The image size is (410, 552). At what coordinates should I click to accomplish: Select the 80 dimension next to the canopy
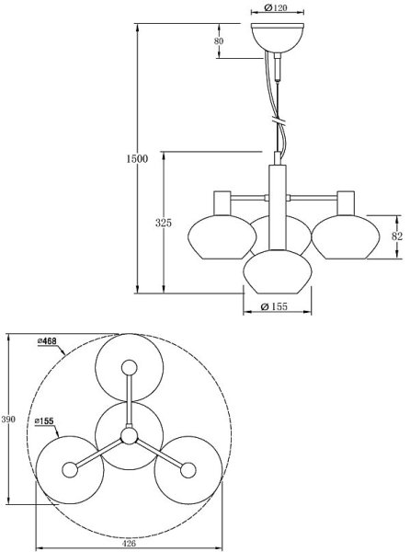(218, 41)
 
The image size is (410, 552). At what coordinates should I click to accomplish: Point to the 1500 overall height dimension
(136, 158)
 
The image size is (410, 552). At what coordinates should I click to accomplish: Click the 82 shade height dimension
(396, 236)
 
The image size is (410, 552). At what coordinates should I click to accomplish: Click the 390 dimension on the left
(8, 420)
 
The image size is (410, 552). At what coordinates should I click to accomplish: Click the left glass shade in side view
(217, 237)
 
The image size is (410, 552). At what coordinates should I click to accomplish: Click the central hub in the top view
(129, 434)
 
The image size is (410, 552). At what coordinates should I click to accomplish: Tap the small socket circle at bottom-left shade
(70, 469)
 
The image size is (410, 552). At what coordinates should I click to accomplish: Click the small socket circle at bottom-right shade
(188, 469)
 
